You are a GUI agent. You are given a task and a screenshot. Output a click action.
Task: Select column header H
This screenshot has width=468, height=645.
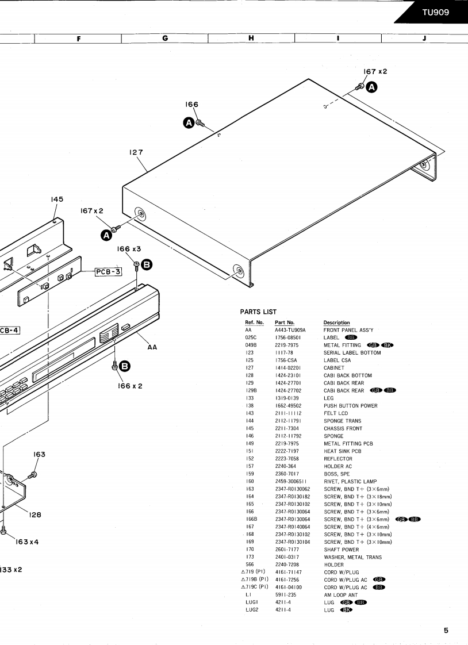click(x=251, y=39)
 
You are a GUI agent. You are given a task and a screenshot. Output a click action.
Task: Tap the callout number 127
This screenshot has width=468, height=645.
click(x=136, y=152)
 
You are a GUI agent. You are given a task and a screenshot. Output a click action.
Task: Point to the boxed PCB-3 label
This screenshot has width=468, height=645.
click(x=109, y=271)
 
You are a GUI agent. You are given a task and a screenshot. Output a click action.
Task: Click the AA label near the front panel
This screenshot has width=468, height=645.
click(x=152, y=347)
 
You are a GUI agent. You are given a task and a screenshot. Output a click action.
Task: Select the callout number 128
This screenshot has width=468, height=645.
click(x=35, y=515)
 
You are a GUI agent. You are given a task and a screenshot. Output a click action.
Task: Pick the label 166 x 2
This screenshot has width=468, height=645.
click(x=130, y=386)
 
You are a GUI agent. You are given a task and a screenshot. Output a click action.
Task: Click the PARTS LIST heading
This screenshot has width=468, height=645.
click(x=258, y=312)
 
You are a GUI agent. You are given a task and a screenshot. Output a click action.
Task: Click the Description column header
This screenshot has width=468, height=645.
click(x=336, y=322)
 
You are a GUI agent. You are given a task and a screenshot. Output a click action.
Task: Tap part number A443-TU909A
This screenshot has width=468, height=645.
click(x=290, y=330)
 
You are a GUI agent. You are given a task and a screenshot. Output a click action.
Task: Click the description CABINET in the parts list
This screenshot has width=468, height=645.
click(x=336, y=368)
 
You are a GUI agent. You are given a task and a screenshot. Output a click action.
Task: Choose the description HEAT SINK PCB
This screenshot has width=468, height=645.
click(x=343, y=451)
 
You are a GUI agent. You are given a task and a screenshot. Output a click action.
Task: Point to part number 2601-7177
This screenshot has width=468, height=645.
click(x=287, y=550)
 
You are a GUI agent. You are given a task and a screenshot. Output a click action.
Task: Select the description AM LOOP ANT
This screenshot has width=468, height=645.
click(x=340, y=595)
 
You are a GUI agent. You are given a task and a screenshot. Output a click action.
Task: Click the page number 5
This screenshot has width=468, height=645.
click(x=446, y=630)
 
